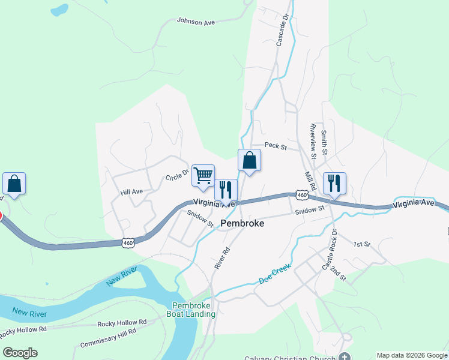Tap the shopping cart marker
(x=203, y=175)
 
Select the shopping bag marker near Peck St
(x=249, y=161)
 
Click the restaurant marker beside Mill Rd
(x=334, y=184)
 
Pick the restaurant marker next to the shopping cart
(x=226, y=190)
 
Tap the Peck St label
(x=276, y=146)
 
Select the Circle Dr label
(x=178, y=175)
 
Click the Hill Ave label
(x=131, y=192)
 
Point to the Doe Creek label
(x=275, y=272)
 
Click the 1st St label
(x=362, y=244)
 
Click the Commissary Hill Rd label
(x=107, y=340)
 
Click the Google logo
(x=20, y=353)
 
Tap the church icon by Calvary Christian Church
(x=344, y=356)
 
